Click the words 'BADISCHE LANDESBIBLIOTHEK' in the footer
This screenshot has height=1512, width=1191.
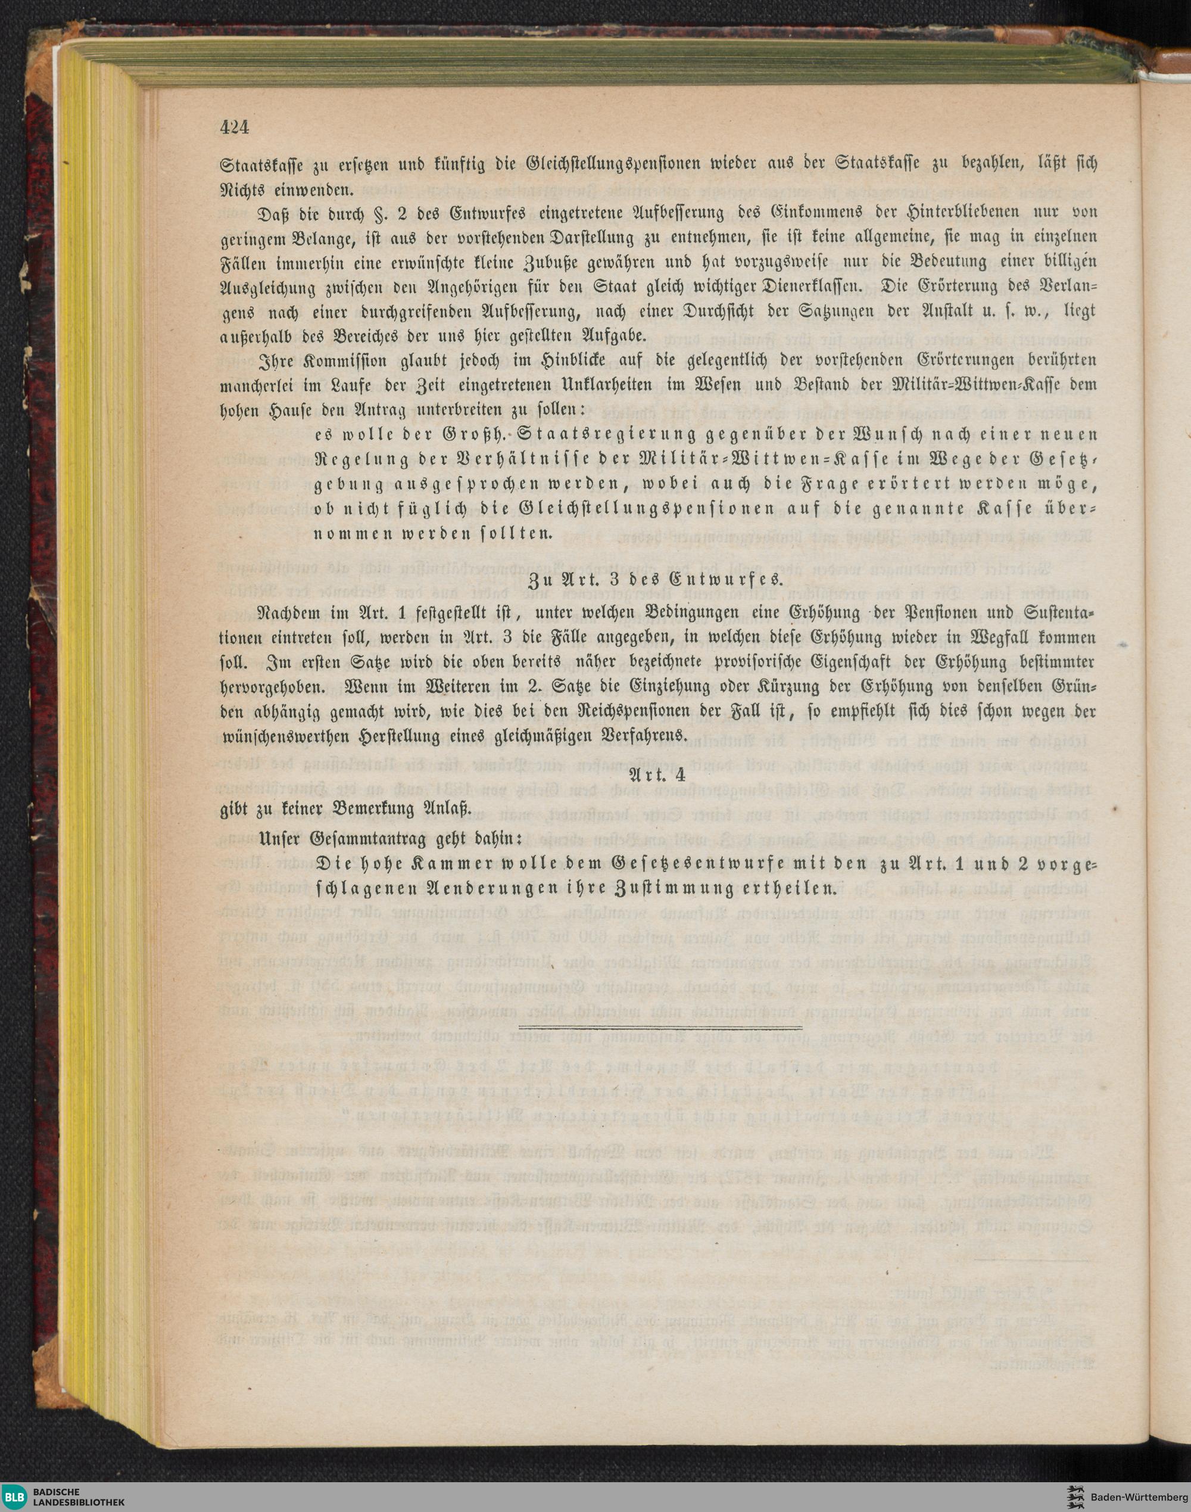78,1496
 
